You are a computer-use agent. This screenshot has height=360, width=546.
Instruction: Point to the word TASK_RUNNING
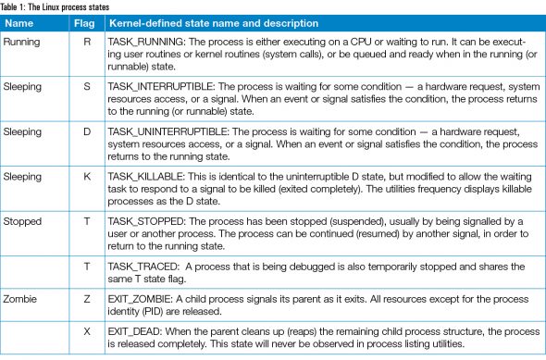(151, 42)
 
